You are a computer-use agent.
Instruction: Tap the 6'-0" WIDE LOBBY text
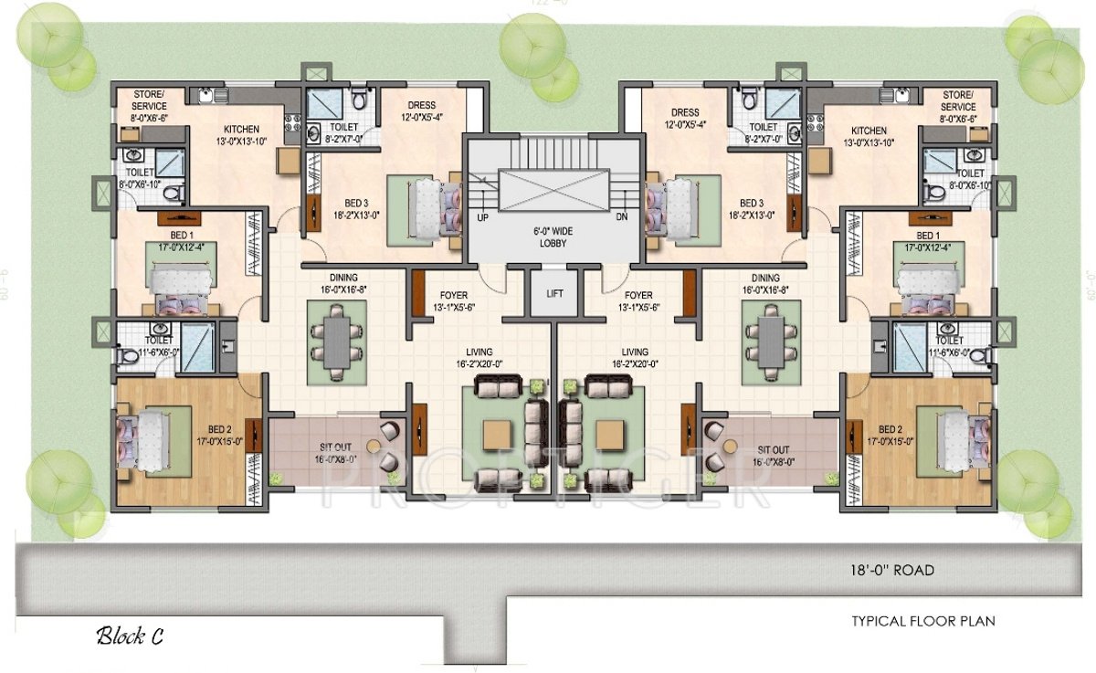click(x=552, y=237)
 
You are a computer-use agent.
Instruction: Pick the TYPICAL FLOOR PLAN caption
click(x=922, y=621)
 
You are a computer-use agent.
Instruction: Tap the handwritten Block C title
click(x=130, y=636)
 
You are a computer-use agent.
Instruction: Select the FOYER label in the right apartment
click(x=638, y=301)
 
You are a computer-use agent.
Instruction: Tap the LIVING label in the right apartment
click(x=635, y=357)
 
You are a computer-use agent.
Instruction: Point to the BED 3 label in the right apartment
click(x=751, y=208)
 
